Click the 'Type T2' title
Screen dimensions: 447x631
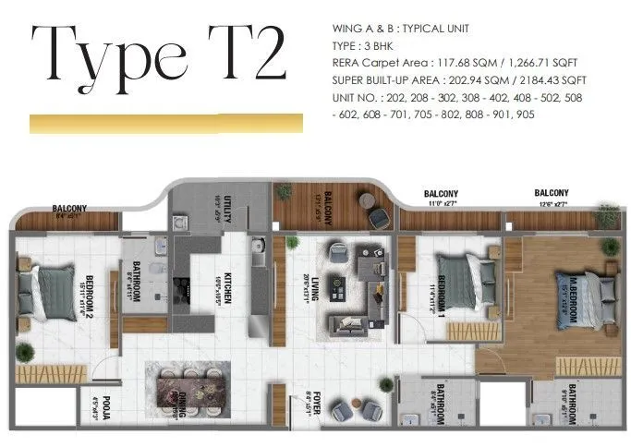click(x=157, y=55)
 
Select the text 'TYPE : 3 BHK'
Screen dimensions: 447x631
click(x=370, y=44)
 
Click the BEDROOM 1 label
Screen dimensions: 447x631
click(x=443, y=295)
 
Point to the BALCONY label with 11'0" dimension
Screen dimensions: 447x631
click(x=442, y=197)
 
